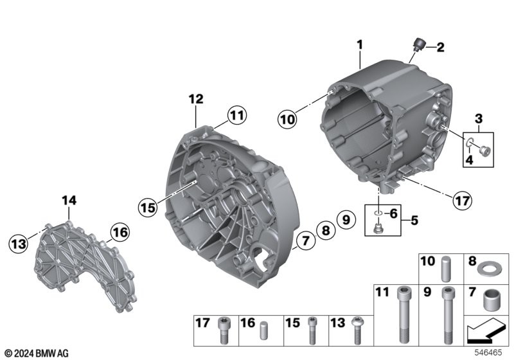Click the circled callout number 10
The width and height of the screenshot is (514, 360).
[x=287, y=119]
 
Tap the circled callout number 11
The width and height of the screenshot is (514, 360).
[x=237, y=115]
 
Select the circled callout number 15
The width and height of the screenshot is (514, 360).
[x=148, y=207]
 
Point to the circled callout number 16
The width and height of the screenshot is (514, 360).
[x=120, y=232]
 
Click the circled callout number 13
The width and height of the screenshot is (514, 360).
[x=19, y=243]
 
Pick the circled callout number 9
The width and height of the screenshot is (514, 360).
[x=346, y=219]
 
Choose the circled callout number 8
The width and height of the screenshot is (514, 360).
[x=326, y=230]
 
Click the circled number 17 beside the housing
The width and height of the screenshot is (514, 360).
[x=463, y=200]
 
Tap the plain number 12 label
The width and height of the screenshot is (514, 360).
[x=196, y=99]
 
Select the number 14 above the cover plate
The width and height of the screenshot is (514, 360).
[x=69, y=200]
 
